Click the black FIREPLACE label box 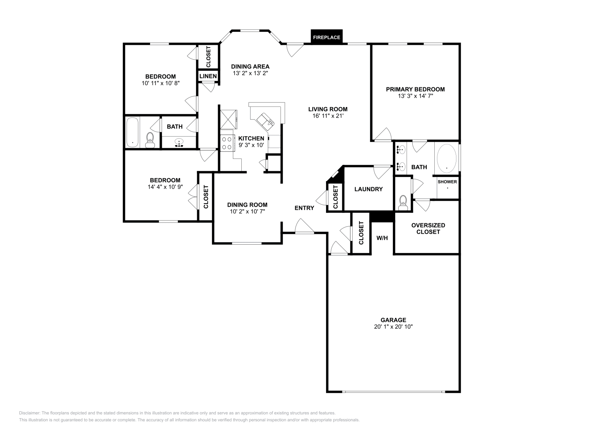pos(326,37)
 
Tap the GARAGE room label pos(393,320)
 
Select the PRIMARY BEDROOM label pos(415,89)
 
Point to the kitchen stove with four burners pos(227,143)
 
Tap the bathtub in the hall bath pos(133,132)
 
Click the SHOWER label pos(447,182)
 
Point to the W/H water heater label pos(382,238)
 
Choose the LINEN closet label pos(208,76)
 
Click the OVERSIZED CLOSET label pos(428,228)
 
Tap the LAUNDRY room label pos(368,189)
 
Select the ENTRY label pos(304,208)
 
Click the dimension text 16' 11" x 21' pos(328,116)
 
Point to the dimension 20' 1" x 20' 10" pos(393,327)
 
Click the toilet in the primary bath pos(403,202)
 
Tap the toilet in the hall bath pos(150,140)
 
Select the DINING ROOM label pos(247,205)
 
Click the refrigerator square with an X pos(228,120)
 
